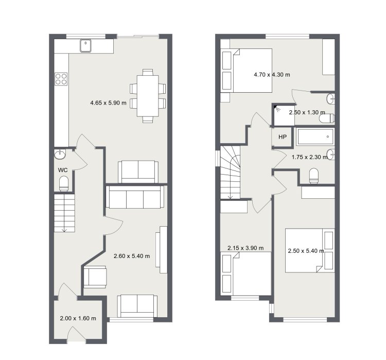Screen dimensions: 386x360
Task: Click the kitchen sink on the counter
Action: click(x=85, y=46)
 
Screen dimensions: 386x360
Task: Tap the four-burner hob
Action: click(x=61, y=79)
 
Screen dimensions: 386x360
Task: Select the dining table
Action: click(x=148, y=96)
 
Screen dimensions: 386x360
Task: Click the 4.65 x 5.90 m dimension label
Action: click(x=108, y=103)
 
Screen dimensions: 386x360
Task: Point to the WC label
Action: click(x=63, y=170)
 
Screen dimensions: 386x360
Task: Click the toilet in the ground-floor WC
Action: click(x=64, y=183)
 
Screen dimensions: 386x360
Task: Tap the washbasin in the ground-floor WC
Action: click(x=60, y=155)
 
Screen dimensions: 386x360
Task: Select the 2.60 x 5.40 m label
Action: click(x=132, y=256)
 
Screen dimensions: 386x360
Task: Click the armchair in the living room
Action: click(x=95, y=277)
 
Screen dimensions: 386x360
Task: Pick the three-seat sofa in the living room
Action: click(x=135, y=197)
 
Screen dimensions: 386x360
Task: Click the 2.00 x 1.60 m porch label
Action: click(x=78, y=318)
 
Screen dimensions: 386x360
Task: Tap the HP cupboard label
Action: click(x=283, y=137)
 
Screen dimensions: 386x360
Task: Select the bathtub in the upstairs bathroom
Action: click(x=315, y=136)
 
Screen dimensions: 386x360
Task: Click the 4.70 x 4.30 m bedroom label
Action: click(x=272, y=74)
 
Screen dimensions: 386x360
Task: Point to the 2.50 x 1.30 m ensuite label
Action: click(x=307, y=112)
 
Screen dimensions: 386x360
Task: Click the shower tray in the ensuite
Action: click(x=284, y=115)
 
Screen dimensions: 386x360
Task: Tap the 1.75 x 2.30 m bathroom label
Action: click(x=310, y=157)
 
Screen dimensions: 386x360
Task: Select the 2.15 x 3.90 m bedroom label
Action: click(x=245, y=248)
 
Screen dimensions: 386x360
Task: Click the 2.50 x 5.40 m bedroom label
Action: click(x=306, y=251)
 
